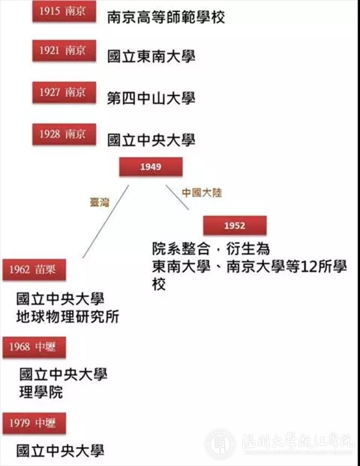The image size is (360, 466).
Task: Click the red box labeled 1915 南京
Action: (64, 11)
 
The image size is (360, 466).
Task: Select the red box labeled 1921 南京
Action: (64, 50)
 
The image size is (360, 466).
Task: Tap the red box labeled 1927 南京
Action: (64, 92)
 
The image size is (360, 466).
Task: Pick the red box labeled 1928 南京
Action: (64, 135)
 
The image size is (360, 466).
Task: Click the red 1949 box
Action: (151, 167)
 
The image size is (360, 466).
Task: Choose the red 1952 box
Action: (235, 226)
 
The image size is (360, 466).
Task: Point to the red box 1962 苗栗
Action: (34, 270)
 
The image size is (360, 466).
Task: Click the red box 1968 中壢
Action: (34, 347)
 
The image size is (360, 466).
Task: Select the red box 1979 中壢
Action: (34, 423)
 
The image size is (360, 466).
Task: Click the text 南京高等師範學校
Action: (166, 17)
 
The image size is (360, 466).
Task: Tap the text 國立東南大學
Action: (151, 56)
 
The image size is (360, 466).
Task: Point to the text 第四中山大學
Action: (151, 98)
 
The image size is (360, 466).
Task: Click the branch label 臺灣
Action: (100, 202)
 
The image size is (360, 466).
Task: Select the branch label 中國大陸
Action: (202, 193)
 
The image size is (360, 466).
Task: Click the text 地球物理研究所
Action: (68, 316)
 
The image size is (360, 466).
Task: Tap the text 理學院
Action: (41, 392)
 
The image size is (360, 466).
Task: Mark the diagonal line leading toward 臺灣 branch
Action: (106, 222)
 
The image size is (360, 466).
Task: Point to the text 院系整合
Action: (181, 249)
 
